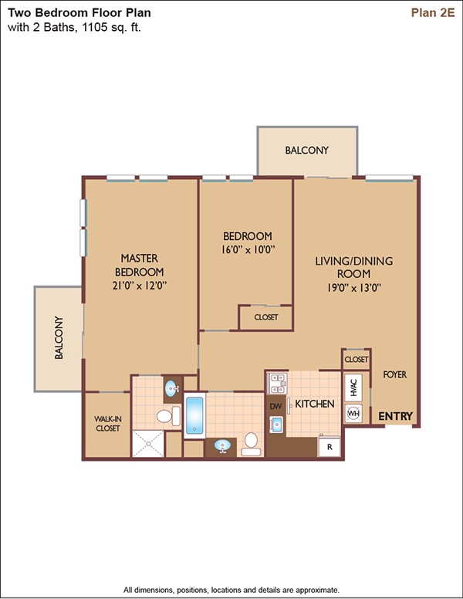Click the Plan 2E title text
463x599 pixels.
pyautogui.click(x=433, y=12)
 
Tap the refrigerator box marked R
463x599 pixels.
pyautogui.click(x=330, y=446)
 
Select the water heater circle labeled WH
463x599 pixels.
pyautogui.click(x=353, y=413)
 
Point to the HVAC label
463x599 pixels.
pyautogui.click(x=353, y=387)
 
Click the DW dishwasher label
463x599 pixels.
pyautogui.click(x=275, y=407)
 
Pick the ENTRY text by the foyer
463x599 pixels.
pyautogui.click(x=395, y=416)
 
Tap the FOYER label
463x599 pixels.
pyautogui.click(x=394, y=374)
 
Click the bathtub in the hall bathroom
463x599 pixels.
pyautogui.click(x=194, y=415)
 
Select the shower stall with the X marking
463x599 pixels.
pyautogui.click(x=148, y=444)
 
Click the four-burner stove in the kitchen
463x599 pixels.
pyautogui.click(x=277, y=383)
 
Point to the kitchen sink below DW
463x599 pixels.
pyautogui.click(x=276, y=424)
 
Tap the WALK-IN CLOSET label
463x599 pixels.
pyautogui.click(x=108, y=424)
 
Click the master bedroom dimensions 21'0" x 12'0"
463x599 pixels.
pyautogui.click(x=140, y=286)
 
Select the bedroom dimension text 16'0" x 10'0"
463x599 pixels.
pyautogui.click(x=248, y=250)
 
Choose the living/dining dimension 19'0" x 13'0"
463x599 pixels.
pyautogui.click(x=353, y=288)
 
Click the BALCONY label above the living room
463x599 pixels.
pyautogui.click(x=307, y=150)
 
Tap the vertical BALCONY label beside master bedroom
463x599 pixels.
pyautogui.click(x=59, y=337)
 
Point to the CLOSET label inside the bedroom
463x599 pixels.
pyautogui.click(x=266, y=317)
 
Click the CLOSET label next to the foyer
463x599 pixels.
pyautogui.click(x=356, y=360)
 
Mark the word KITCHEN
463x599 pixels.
pyautogui.click(x=314, y=404)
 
